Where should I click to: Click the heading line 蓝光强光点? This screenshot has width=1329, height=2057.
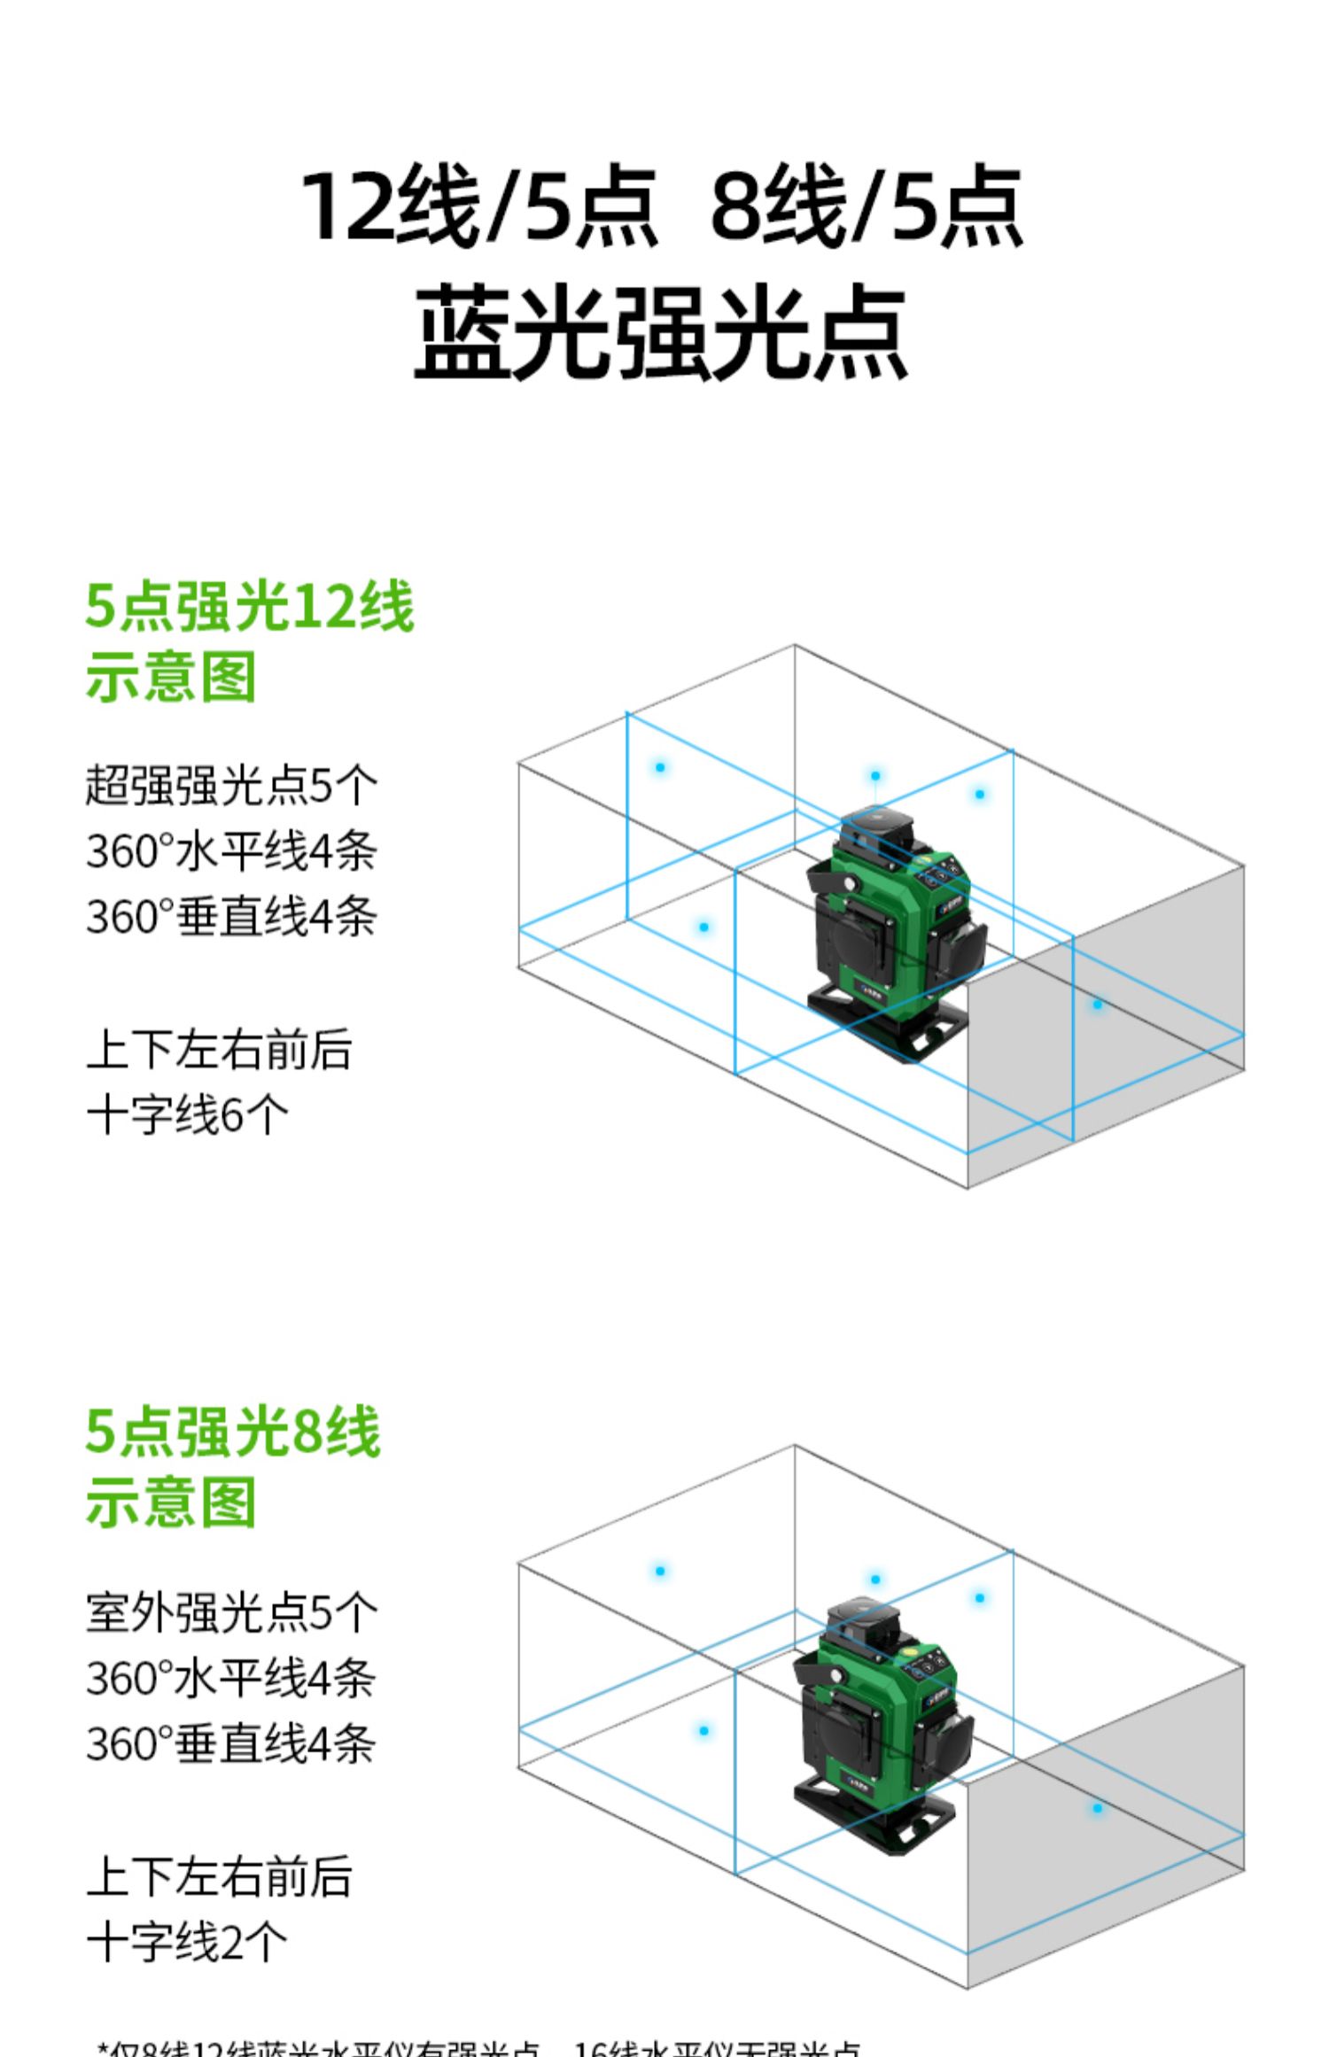point(661,333)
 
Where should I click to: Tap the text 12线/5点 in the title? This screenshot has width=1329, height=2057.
point(478,206)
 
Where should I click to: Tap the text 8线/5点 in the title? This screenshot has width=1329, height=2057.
point(867,206)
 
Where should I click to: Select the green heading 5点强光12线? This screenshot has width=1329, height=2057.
point(249,608)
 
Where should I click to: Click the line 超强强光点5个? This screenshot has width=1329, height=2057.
point(231,785)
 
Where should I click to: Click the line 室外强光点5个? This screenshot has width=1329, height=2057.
point(231,1611)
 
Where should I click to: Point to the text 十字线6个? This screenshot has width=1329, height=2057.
point(187,1114)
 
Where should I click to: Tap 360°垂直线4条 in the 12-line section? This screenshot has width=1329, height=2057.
point(231,916)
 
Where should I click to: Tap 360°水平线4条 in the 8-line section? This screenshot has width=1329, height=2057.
point(231,1677)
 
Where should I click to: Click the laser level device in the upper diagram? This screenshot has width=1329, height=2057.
point(895,921)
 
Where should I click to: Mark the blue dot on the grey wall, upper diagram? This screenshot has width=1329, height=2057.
point(1098,1005)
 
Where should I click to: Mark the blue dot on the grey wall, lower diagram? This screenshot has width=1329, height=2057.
point(1098,1808)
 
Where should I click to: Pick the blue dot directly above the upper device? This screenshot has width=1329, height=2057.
point(875,776)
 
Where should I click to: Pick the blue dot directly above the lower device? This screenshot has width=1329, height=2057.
point(875,1580)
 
